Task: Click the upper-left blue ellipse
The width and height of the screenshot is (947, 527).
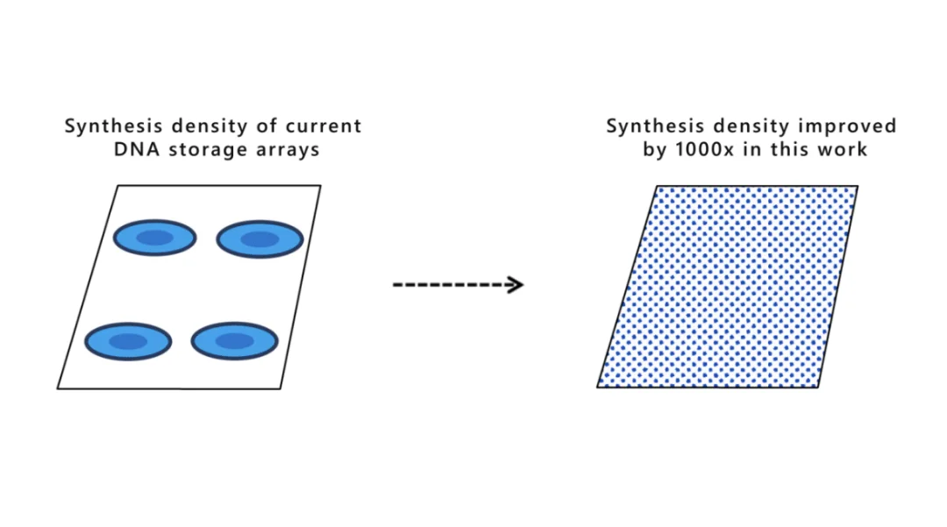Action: (155, 238)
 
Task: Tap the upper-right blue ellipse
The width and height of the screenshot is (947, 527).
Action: (260, 239)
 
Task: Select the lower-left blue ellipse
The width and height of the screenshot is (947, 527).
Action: (128, 340)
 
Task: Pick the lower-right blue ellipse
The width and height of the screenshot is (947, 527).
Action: (234, 341)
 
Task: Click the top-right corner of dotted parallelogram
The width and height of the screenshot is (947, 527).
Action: (858, 186)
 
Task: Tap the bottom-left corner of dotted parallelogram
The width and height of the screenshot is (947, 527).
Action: (598, 387)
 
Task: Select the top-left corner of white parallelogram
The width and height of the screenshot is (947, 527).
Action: (117, 186)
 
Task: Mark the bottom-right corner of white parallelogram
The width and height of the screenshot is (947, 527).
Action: (281, 388)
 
